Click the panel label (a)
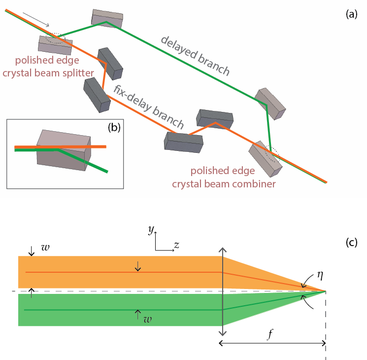(x=351, y=14)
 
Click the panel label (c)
(x=351, y=242)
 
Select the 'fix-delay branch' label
(x=148, y=107)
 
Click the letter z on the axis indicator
(x=176, y=246)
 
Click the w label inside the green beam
(x=146, y=319)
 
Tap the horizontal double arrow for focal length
(x=272, y=343)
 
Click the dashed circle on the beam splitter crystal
(x=55, y=38)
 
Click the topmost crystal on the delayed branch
(x=107, y=17)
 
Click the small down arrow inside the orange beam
(x=137, y=266)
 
